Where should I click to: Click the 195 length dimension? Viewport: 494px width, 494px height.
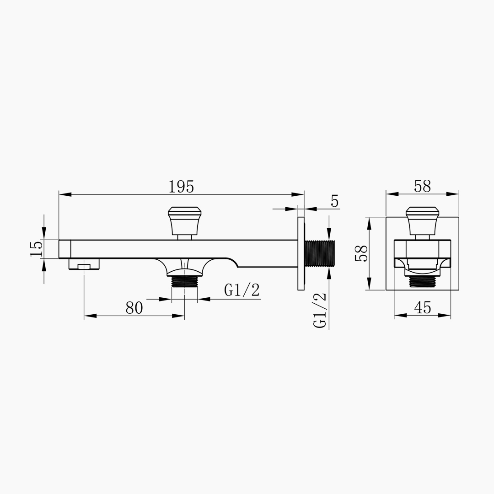(181, 187)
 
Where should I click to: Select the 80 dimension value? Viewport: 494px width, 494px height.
(134, 308)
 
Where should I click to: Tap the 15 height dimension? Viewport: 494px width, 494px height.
(36, 248)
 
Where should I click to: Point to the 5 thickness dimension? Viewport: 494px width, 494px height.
(334, 201)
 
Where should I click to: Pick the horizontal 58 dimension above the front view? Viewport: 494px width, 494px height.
(422, 186)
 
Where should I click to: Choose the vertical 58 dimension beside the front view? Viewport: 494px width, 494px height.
(361, 253)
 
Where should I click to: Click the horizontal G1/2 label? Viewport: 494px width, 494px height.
(242, 290)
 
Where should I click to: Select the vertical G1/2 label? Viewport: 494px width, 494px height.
(320, 310)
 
